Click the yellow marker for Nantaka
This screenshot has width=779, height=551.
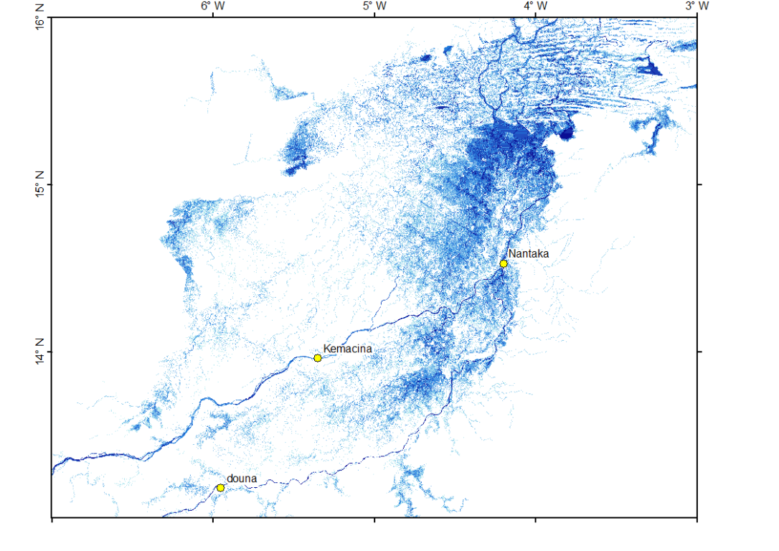(504, 263)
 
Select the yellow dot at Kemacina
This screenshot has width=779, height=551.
(318, 358)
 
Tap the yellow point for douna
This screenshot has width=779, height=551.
(221, 488)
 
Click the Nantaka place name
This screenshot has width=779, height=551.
(529, 253)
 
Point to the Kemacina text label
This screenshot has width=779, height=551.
(347, 349)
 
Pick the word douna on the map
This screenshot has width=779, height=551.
(242, 478)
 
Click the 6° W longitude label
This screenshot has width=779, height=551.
(213, 6)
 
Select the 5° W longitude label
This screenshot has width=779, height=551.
(374, 6)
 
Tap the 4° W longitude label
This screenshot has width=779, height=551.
(536, 6)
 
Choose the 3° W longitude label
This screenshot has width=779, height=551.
(697, 6)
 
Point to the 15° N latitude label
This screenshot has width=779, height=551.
(40, 185)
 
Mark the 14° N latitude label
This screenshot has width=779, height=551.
(40, 352)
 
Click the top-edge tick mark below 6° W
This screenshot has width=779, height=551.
(213, 16)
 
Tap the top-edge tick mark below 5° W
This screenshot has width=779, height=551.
(374, 16)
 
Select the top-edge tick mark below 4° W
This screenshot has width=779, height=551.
(536, 16)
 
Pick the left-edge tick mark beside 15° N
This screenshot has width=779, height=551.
(49, 185)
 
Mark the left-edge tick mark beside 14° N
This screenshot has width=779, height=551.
(49, 352)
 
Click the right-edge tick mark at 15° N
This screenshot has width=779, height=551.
(699, 185)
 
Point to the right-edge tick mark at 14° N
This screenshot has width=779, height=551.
(699, 352)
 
